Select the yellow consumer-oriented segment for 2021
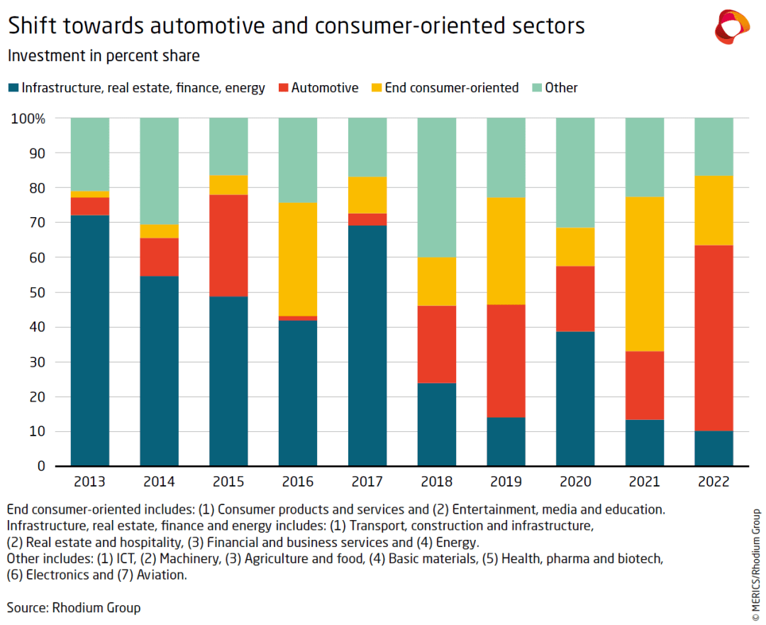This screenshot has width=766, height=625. (645, 274)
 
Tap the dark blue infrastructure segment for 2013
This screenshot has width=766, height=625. (89, 341)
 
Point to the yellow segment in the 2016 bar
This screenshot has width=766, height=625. (298, 259)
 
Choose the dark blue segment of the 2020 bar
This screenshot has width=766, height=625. (575, 399)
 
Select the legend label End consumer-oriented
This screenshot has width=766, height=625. (452, 88)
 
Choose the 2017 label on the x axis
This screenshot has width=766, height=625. (367, 482)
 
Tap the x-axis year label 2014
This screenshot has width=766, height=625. (159, 482)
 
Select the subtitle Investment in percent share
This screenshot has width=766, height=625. (104, 55)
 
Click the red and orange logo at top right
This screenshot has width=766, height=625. (732, 27)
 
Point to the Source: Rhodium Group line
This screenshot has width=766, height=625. (74, 608)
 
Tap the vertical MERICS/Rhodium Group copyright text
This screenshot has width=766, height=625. (756, 560)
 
